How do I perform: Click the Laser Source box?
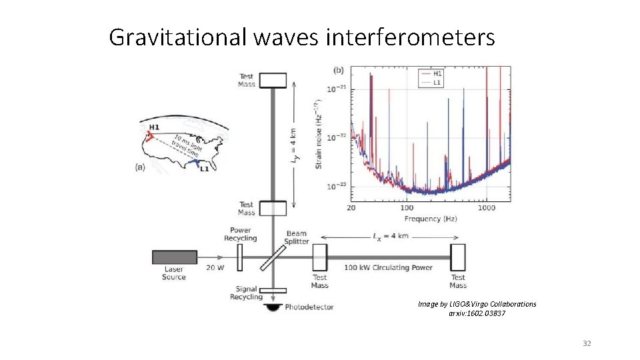click(x=175, y=257)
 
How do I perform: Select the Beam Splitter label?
click(x=297, y=237)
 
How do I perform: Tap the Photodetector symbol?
click(x=272, y=308)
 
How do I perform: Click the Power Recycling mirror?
click(x=239, y=257)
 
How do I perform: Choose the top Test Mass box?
click(x=272, y=80)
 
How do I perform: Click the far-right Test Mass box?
click(x=458, y=257)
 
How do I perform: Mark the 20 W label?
click(x=215, y=268)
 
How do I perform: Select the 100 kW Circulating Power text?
click(x=388, y=268)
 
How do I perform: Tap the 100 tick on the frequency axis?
click(x=403, y=208)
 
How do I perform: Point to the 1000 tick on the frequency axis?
click(x=486, y=208)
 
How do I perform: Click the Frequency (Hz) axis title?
click(x=431, y=219)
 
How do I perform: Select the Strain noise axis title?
click(x=319, y=133)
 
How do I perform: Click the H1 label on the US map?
click(x=154, y=127)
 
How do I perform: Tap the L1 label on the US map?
click(x=204, y=169)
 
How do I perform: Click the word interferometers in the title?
click(x=411, y=37)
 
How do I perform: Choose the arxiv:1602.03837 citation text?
click(x=477, y=313)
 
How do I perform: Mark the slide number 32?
click(x=587, y=343)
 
